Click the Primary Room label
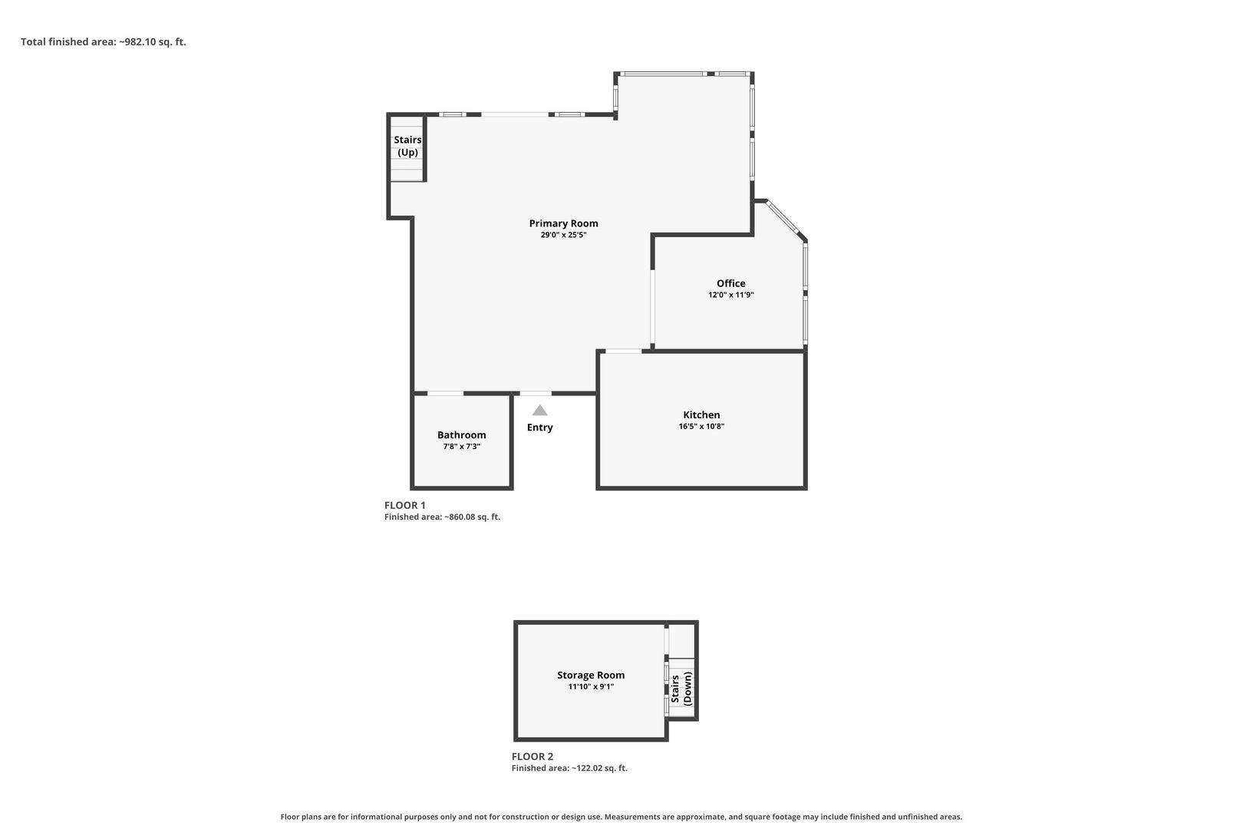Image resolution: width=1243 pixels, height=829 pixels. pos(563,223)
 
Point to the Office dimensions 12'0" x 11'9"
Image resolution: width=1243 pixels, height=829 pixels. pos(730,295)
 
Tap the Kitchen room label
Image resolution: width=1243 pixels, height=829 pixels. pos(701,414)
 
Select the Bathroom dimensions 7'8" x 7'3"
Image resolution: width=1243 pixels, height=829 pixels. pos(461,447)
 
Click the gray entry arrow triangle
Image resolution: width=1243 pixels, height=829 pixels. pos(540,411)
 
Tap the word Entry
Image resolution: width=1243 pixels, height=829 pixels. pos(540,428)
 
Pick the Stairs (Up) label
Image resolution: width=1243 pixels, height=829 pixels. pos(408,146)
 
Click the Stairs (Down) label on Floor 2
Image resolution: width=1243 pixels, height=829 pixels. pos(681,689)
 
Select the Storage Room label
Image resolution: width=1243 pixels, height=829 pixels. pos(591,675)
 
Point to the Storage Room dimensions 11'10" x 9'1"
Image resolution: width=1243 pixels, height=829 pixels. pos(591,687)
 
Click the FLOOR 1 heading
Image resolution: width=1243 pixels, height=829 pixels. pos(405,505)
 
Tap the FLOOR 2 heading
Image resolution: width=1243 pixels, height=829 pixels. pos(532,756)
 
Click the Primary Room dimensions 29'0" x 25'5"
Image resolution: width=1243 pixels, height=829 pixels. pos(563,235)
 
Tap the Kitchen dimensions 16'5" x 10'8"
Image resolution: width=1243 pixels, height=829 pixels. pos(701,427)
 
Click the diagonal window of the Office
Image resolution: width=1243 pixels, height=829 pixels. pos(783,218)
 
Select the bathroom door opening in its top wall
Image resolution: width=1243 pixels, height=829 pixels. pos(445,394)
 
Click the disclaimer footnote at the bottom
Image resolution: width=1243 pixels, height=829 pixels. pos(621,817)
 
